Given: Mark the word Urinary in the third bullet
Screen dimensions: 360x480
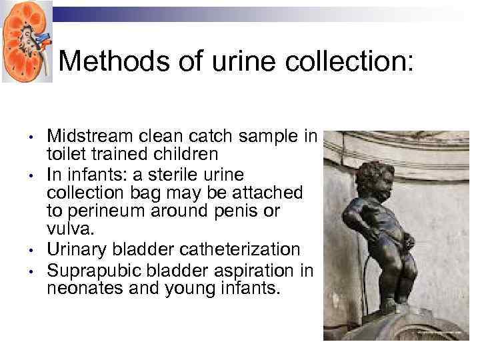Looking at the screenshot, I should coord(77,249).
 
